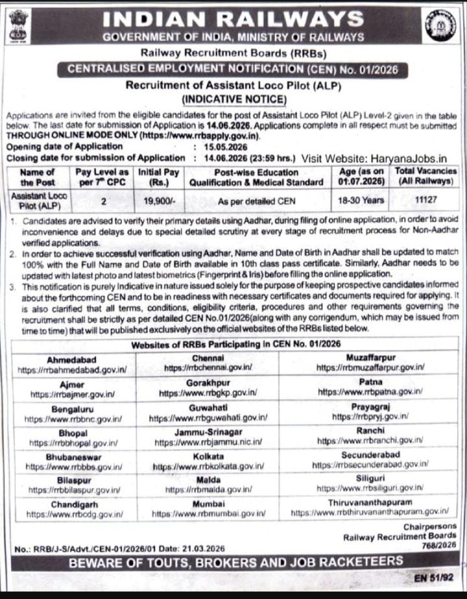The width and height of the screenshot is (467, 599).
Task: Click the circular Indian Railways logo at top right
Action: [x=440, y=26]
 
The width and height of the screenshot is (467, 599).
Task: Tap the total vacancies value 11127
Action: [x=425, y=201]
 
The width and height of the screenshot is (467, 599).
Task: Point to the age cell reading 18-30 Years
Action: [x=361, y=201]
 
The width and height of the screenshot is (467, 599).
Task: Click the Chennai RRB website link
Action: [x=208, y=367]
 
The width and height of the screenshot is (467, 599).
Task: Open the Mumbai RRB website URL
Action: [x=208, y=513]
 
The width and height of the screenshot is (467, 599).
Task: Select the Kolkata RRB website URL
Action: [x=208, y=465]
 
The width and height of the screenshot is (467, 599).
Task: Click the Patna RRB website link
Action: [x=370, y=392]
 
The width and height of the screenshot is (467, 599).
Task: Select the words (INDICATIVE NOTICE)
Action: [x=233, y=99]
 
